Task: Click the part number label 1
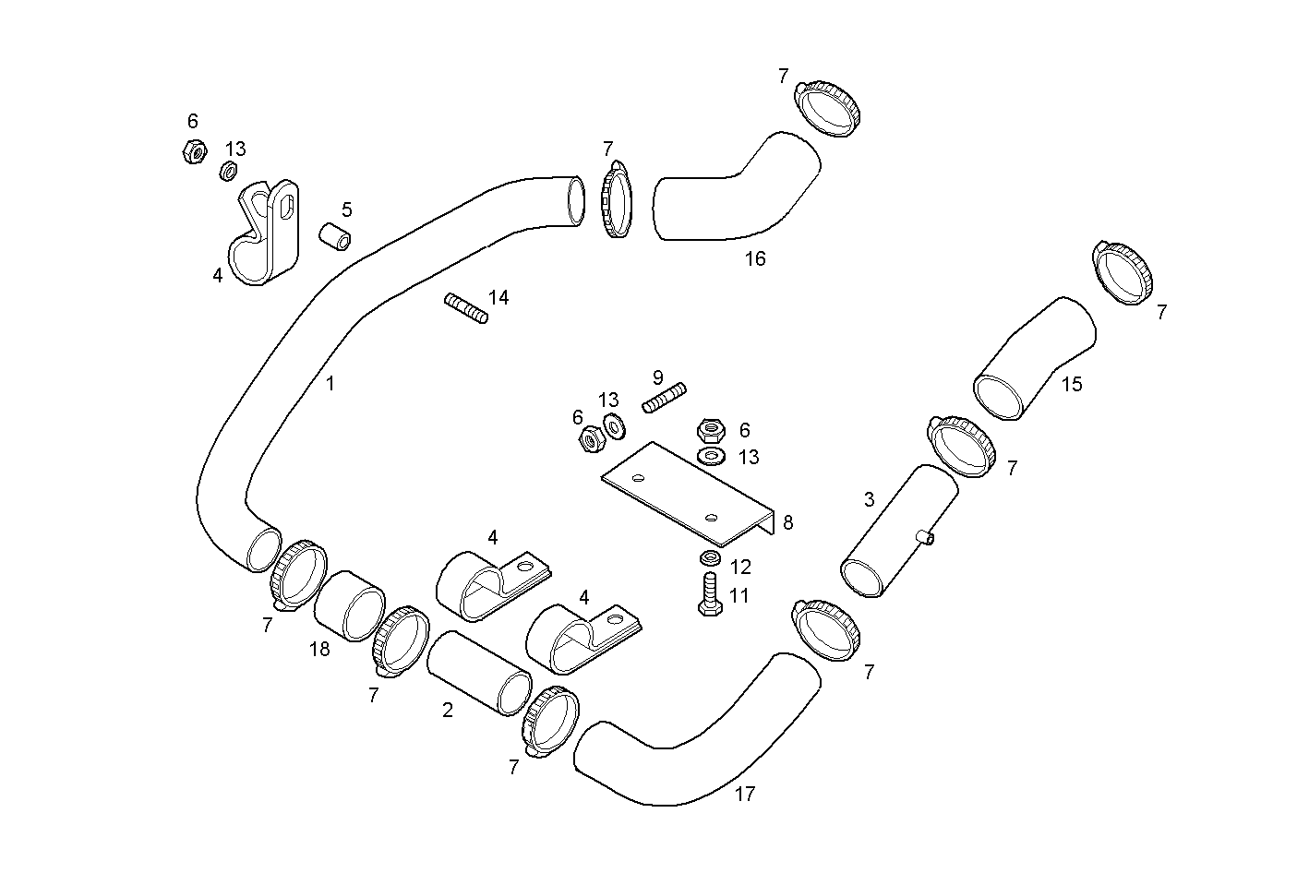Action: (x=330, y=383)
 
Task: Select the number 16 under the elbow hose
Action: (x=755, y=259)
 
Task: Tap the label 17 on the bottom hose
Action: (x=745, y=794)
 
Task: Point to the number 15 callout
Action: (x=1071, y=384)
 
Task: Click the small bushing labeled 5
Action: (x=336, y=235)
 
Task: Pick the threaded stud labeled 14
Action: (x=466, y=308)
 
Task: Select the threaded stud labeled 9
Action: (x=665, y=398)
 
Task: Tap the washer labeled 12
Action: (x=710, y=558)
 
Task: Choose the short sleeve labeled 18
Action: (x=350, y=605)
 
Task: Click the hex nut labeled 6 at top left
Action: (x=193, y=151)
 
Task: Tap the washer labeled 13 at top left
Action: (x=229, y=171)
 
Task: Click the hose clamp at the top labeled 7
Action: (x=827, y=107)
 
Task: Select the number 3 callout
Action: (x=869, y=500)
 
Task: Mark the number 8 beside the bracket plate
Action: (x=787, y=523)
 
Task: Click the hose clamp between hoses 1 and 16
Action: (x=617, y=199)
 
